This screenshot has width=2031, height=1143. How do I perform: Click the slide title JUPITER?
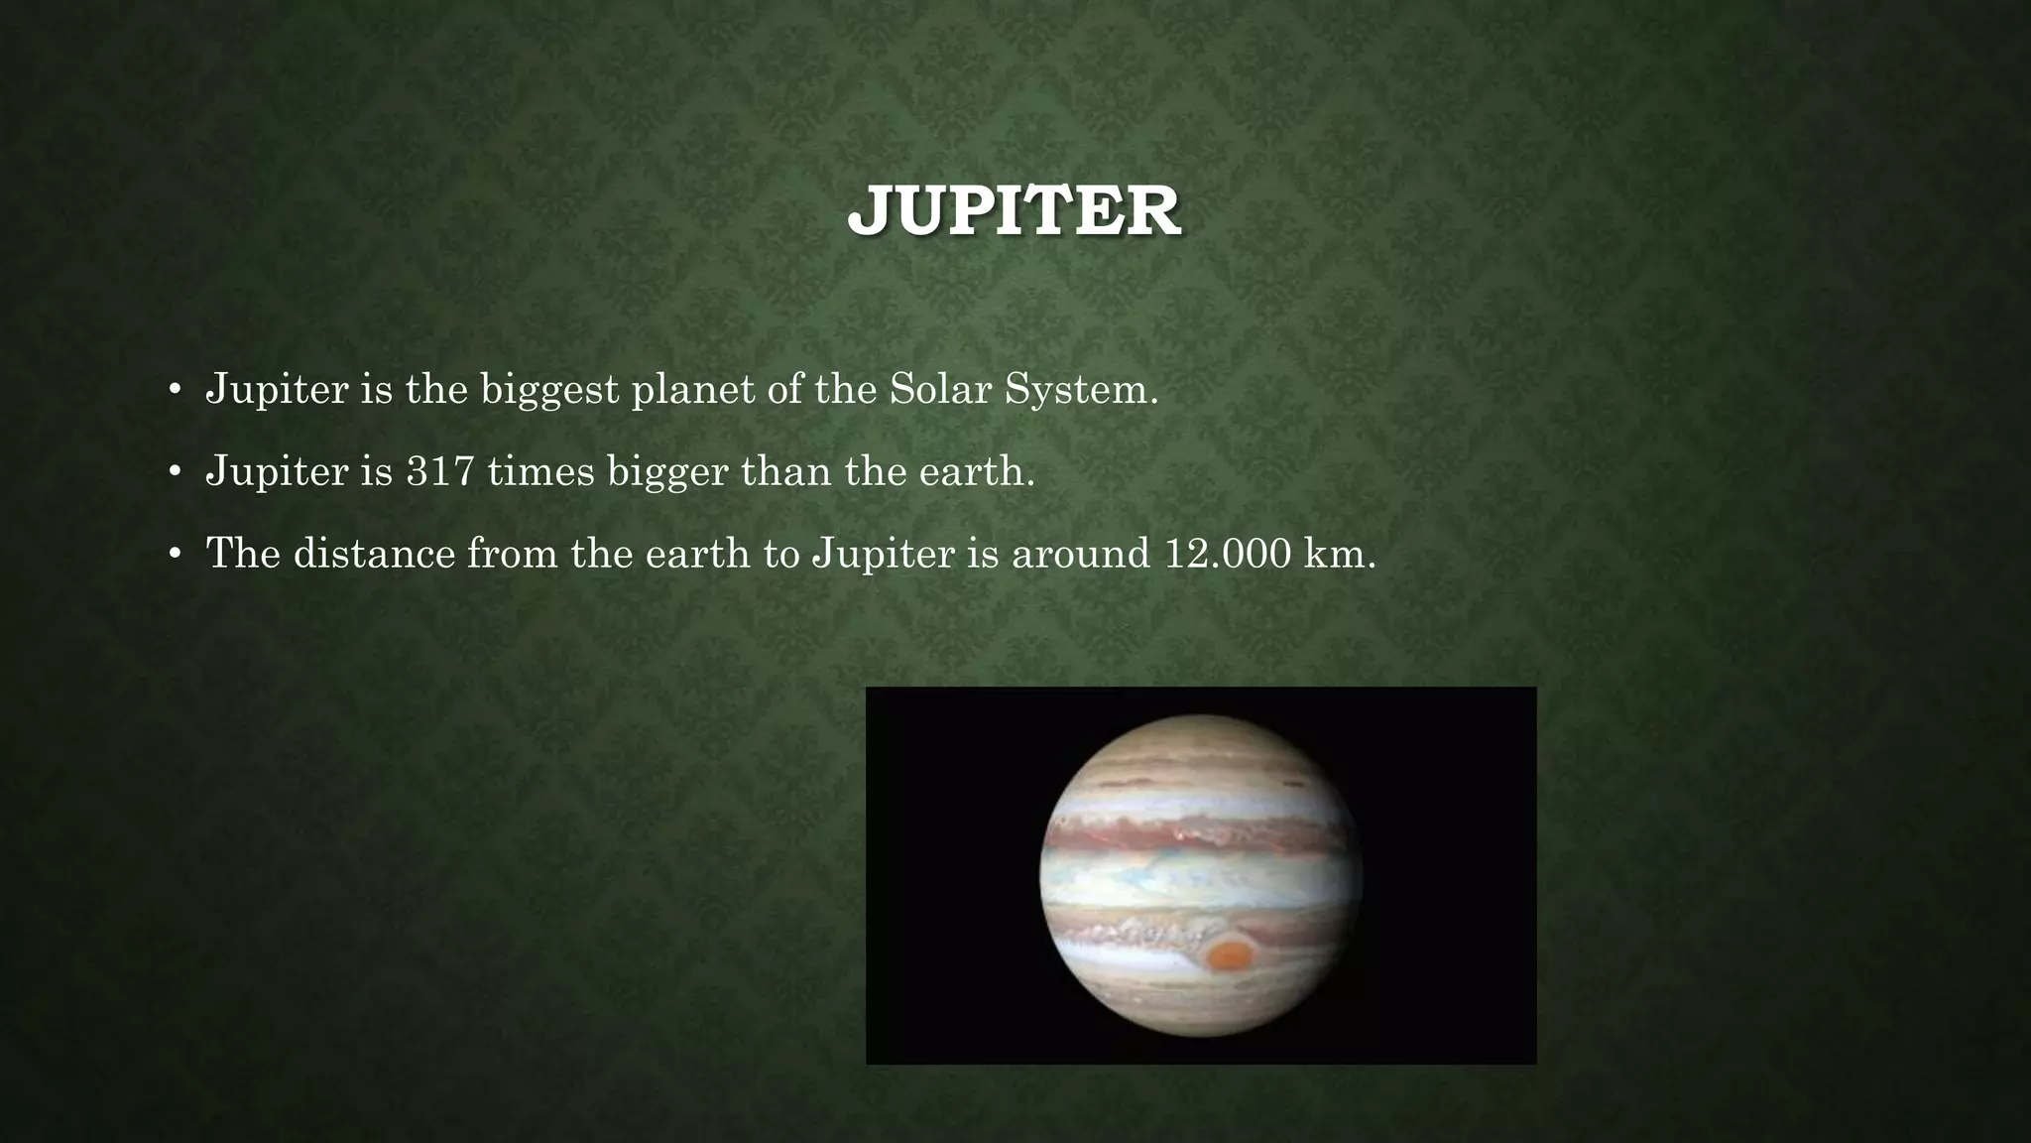click(x=1014, y=210)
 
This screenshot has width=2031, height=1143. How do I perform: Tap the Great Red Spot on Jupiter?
click(x=1231, y=955)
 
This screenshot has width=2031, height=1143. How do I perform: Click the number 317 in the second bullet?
click(x=440, y=471)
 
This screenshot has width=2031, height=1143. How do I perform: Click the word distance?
click(x=375, y=554)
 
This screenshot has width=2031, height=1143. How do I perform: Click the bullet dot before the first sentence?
click(x=174, y=390)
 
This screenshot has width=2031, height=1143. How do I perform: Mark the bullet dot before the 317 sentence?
click(x=174, y=472)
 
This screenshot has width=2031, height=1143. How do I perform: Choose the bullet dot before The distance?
click(x=174, y=555)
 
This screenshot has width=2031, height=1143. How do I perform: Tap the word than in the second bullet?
click(x=786, y=471)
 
